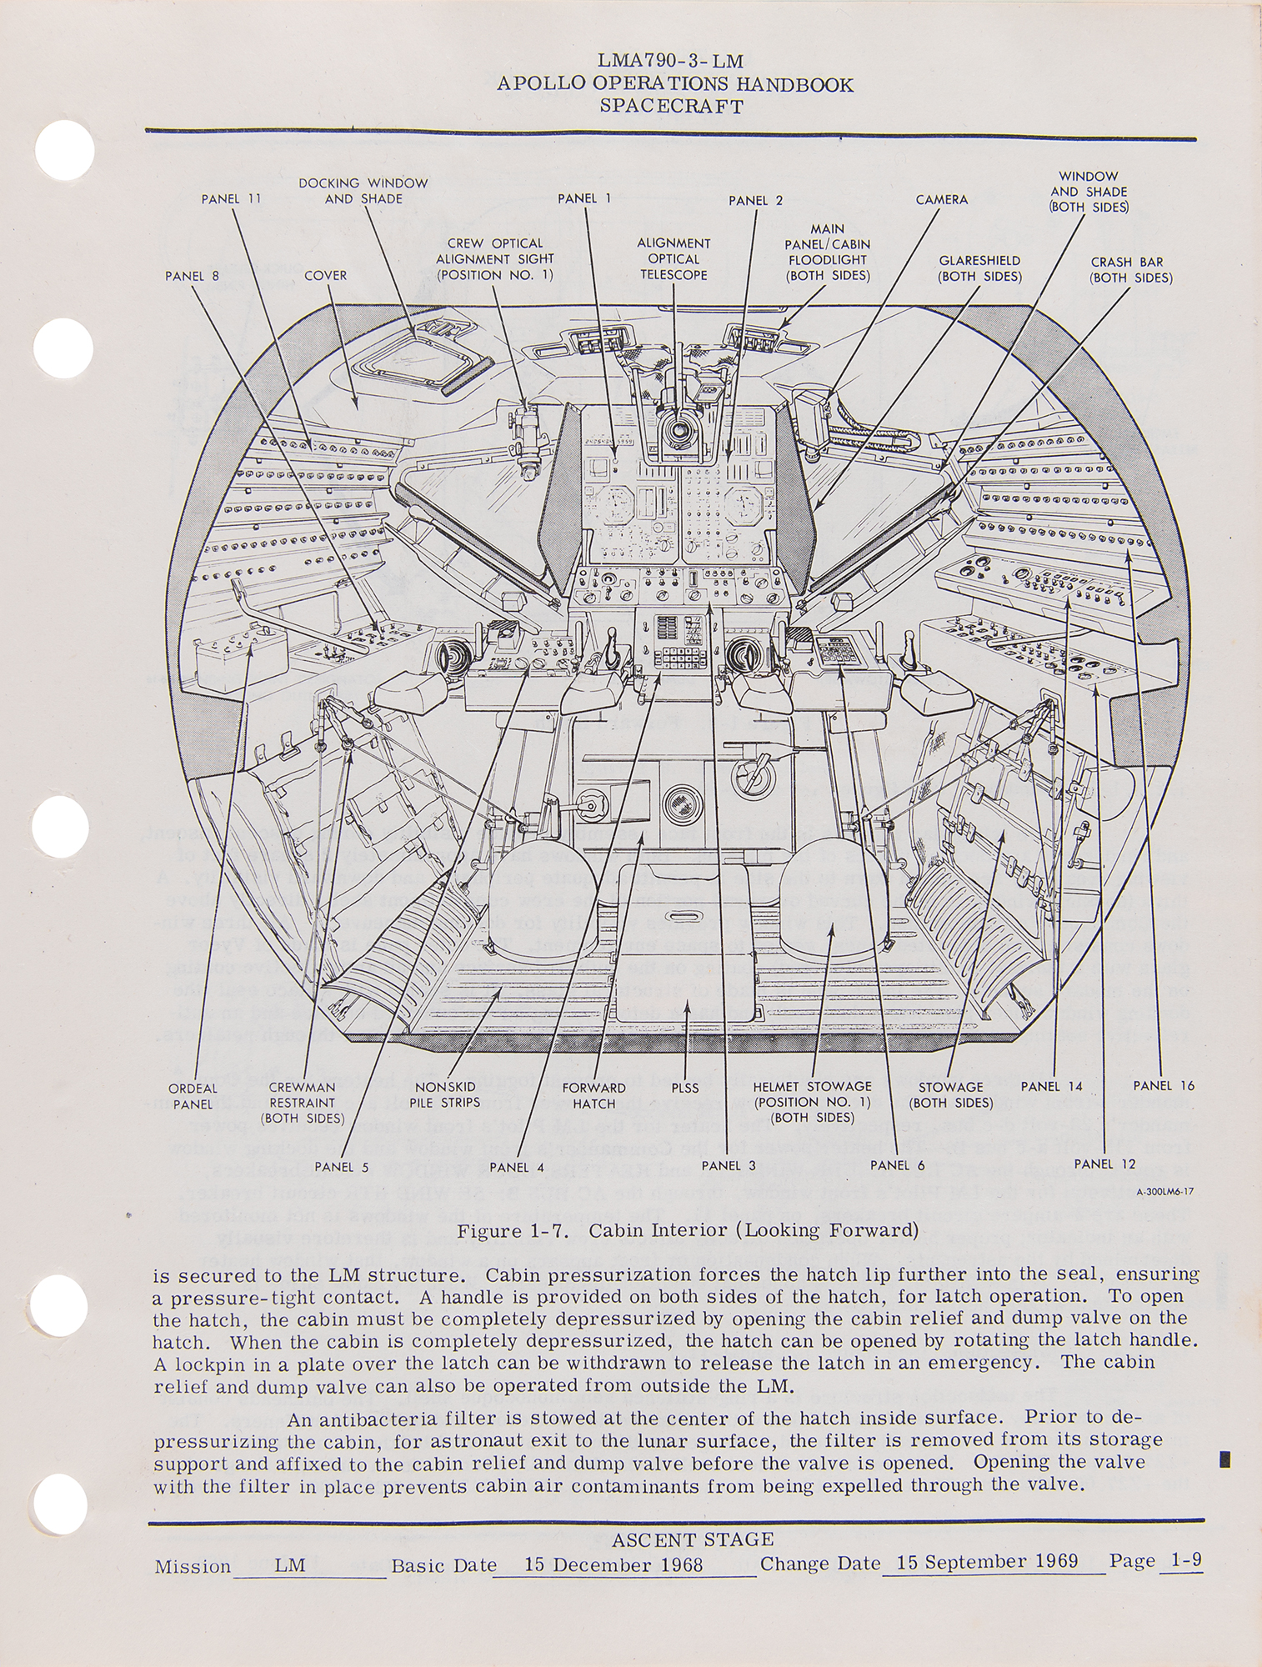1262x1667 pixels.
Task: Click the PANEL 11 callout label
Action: coord(231,199)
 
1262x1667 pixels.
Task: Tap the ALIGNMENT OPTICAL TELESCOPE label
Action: coord(673,258)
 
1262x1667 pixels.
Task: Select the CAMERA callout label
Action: coord(941,200)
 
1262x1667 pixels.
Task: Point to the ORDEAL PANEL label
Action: coord(193,1095)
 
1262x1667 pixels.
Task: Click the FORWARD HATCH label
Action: coord(593,1095)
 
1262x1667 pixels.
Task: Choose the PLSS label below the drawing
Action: coord(684,1088)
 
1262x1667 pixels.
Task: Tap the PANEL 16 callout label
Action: coord(1164,1085)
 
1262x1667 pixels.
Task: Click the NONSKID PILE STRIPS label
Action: coord(448,1094)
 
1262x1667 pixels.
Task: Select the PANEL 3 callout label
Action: coord(728,1165)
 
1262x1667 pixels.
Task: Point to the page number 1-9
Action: coord(1185,1560)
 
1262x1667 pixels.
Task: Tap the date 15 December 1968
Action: coord(613,1564)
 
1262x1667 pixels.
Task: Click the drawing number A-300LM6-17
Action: coord(1164,1192)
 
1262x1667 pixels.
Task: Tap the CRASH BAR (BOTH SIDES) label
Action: coord(1130,270)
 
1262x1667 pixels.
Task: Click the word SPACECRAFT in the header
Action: coord(671,106)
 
